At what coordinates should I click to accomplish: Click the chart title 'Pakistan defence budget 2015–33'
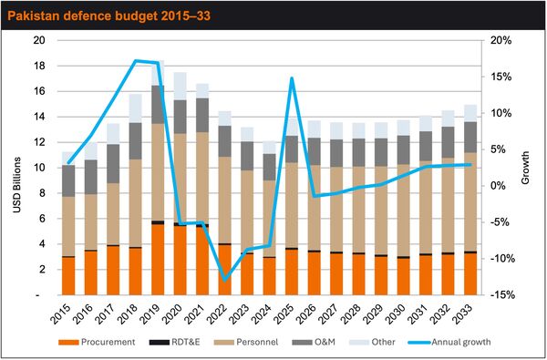coord(108,15)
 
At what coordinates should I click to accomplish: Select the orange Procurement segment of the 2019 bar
coord(158,260)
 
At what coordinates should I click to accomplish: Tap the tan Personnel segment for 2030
coord(403,211)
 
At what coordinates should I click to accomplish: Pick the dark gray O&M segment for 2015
coord(68,181)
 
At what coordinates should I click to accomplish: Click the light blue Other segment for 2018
coord(135,108)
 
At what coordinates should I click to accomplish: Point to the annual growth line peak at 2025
coord(292,77)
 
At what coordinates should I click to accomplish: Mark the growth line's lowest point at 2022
coord(225,280)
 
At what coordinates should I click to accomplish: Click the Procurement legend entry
coord(97,342)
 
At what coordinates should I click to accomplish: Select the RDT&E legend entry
coord(174,342)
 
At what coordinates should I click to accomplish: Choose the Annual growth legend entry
coord(449,342)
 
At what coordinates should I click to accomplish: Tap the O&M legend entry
coord(314,342)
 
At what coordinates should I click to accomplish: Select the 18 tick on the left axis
coord(39,66)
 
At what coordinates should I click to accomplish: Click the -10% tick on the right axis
coord(502,259)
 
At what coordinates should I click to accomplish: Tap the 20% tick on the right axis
coord(501,40)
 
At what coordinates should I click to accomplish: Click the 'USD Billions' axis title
coord(16,185)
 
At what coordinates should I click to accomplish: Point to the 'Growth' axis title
coord(525,168)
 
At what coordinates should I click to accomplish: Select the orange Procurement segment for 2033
coord(470,274)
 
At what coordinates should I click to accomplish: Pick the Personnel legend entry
coord(246,342)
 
